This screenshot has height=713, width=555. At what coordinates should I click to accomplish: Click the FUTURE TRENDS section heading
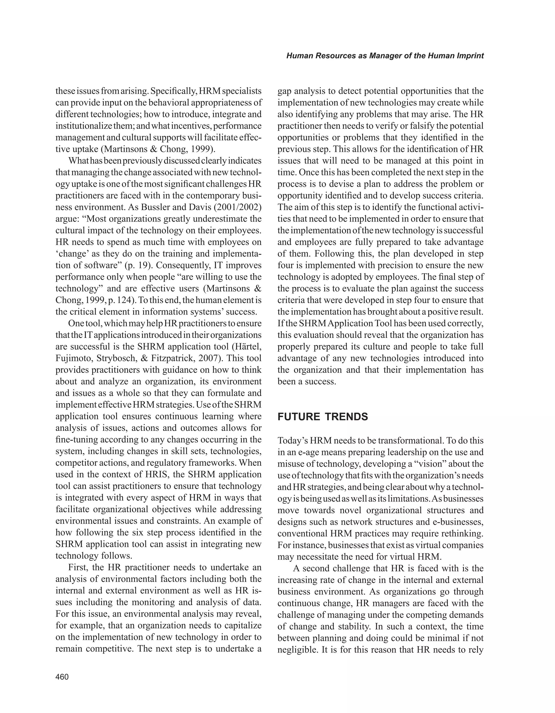tap(322, 417)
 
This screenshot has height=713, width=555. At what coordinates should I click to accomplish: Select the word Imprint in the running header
tap(469, 56)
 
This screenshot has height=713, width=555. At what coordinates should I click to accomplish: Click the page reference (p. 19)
tap(137, 265)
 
